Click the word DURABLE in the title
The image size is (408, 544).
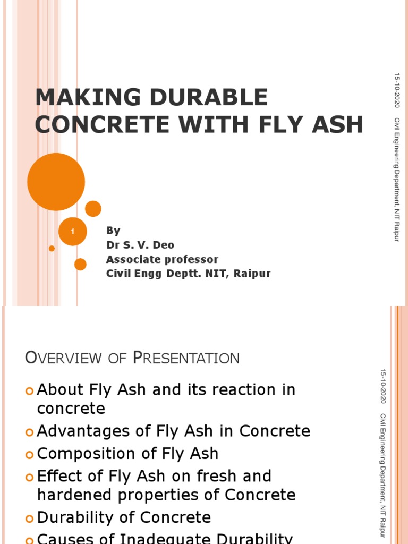pyautogui.click(x=217, y=98)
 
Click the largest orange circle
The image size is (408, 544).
pyautogui.click(x=56, y=182)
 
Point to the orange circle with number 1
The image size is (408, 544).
pyautogui.click(x=72, y=232)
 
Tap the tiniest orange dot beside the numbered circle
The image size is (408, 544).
pyautogui.click(x=52, y=248)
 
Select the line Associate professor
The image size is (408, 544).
pyautogui.click(x=162, y=259)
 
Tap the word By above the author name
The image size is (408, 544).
pyautogui.click(x=113, y=231)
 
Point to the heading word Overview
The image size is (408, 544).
pyautogui.click(x=63, y=358)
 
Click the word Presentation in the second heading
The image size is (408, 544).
pyautogui.click(x=186, y=358)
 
